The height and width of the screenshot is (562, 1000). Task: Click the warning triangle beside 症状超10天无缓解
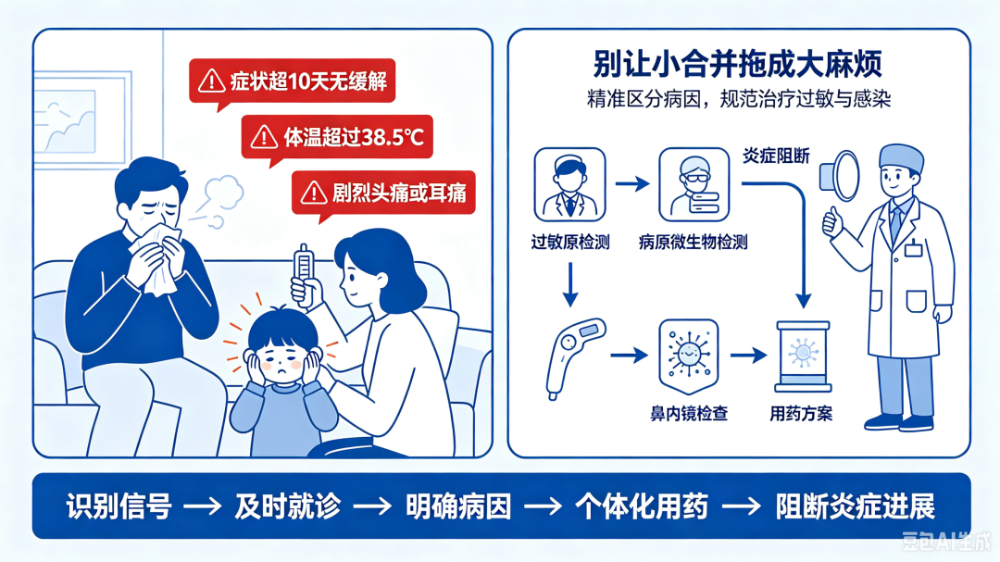click(211, 81)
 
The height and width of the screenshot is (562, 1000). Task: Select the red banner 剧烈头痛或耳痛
click(383, 193)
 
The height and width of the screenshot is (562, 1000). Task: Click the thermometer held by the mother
click(303, 272)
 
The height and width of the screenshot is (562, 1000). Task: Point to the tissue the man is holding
click(156, 261)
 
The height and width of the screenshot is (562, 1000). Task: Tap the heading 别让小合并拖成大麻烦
click(738, 63)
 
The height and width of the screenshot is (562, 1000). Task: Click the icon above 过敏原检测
click(569, 185)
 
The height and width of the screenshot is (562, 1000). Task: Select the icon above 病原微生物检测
click(694, 185)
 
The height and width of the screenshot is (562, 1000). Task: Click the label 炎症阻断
click(776, 156)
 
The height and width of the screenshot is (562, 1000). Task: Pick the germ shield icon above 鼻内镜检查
click(689, 356)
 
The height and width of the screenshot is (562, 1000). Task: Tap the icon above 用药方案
click(803, 356)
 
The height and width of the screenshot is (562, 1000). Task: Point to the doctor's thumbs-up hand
click(832, 220)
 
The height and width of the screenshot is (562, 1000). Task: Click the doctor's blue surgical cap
click(902, 157)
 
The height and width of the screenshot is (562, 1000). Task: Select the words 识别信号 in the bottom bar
click(119, 506)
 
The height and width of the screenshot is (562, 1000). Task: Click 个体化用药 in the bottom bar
click(643, 506)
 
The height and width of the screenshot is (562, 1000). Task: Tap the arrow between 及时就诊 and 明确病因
click(372, 507)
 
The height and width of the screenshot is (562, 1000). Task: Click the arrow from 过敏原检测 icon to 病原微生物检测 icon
click(632, 184)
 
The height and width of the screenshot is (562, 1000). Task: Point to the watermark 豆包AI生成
click(946, 542)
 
